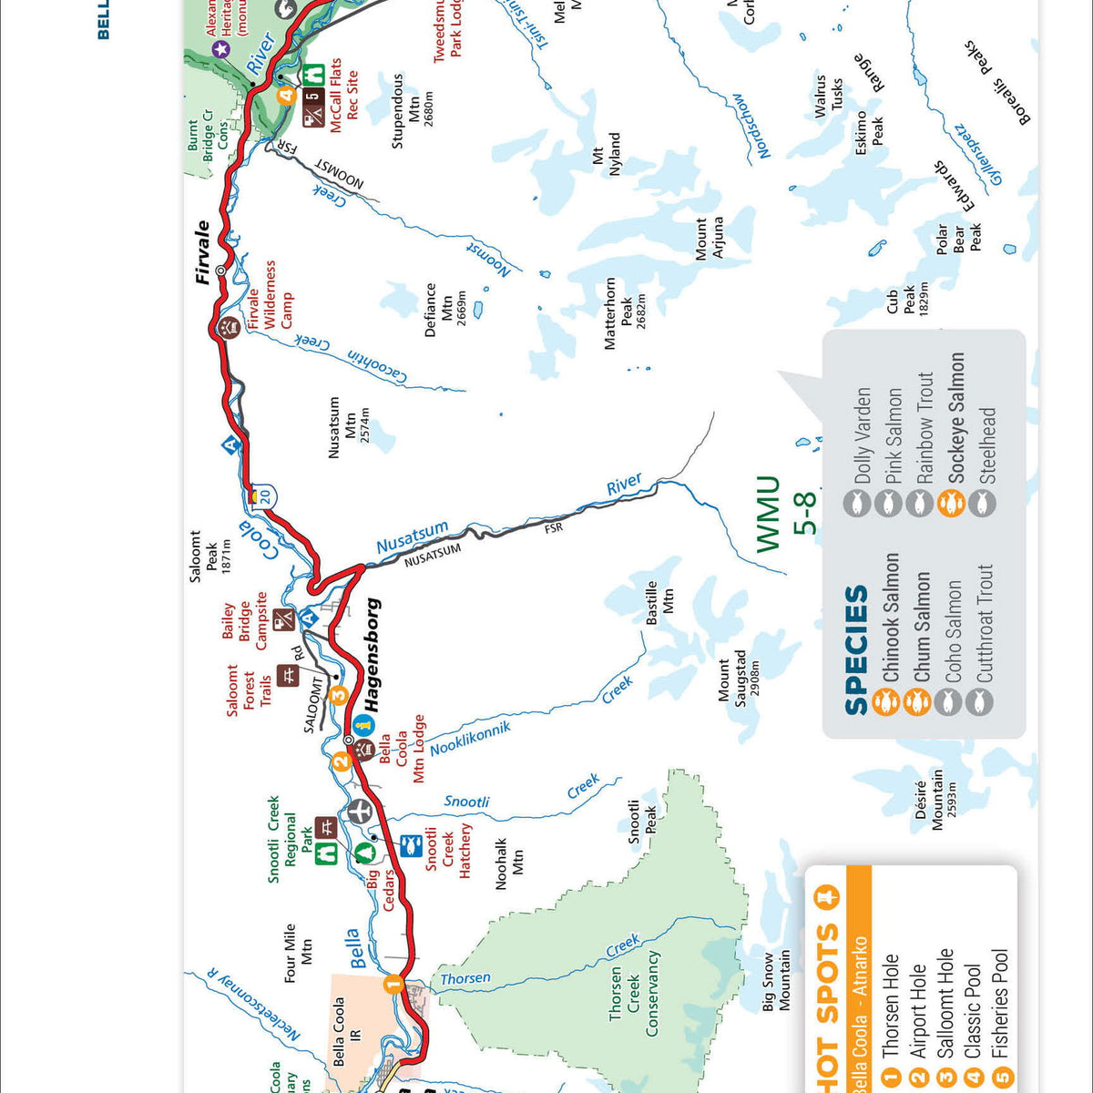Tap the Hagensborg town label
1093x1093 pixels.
pos(372,654)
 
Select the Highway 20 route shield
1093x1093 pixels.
pos(263,496)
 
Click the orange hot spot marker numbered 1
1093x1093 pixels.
pos(393,983)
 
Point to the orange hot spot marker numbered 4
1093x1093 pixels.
pos(287,95)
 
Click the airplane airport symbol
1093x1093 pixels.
pos(360,810)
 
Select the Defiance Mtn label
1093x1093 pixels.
pos(445,310)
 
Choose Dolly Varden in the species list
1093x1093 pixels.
pos(863,435)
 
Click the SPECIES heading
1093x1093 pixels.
pos(856,649)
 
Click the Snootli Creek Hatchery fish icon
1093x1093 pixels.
pos(411,844)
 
